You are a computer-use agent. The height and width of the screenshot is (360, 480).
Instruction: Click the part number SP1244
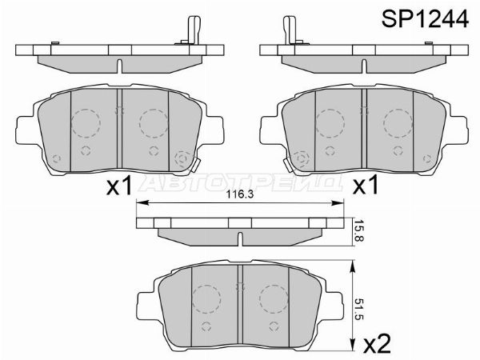[x=425, y=18]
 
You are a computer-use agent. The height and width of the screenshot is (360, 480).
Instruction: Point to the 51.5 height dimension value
[x=358, y=309]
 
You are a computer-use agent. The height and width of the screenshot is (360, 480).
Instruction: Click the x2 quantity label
[x=378, y=343]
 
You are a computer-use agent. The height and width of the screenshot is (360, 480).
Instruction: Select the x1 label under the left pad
[x=119, y=186]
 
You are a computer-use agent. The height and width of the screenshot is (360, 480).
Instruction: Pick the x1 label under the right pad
[x=366, y=186]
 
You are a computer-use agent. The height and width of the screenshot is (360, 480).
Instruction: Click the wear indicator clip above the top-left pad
[x=192, y=30]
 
